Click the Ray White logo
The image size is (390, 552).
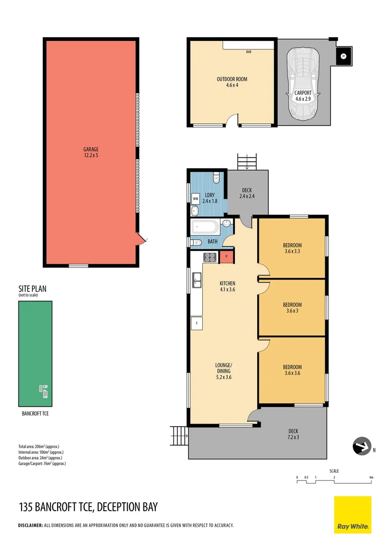click(x=353, y=515)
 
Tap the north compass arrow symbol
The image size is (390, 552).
click(x=362, y=446)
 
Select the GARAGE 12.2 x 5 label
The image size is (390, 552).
click(x=91, y=152)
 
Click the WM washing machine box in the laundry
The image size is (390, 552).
click(x=196, y=198)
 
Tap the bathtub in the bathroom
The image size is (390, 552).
click(x=205, y=226)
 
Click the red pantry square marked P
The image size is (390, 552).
click(x=226, y=257)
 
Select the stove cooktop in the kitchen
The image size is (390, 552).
click(x=210, y=257)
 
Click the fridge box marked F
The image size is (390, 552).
click(x=197, y=323)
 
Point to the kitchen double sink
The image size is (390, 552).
click(x=197, y=280)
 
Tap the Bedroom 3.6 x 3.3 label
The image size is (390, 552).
click(x=292, y=248)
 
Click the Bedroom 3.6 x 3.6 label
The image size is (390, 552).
click(x=292, y=370)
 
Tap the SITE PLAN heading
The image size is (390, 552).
click(x=32, y=289)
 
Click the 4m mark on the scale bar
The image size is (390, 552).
click(x=372, y=478)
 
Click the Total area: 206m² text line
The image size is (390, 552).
click(x=41, y=447)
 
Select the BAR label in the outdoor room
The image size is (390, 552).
click(x=249, y=52)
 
